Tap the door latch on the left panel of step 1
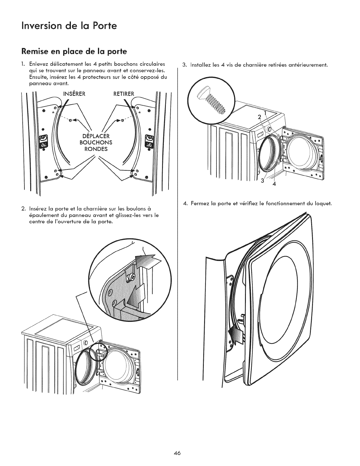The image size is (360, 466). tap(43, 142)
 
